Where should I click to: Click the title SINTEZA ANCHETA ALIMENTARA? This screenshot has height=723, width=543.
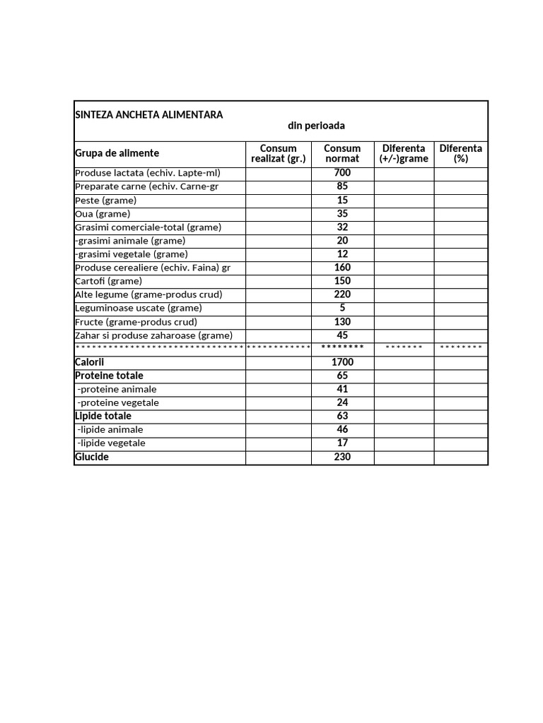148,114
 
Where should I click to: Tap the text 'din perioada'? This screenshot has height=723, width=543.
316,126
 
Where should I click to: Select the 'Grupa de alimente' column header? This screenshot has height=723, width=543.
117,153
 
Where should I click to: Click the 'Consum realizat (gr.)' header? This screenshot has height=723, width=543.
278,153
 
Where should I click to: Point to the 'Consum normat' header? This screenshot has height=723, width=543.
342,153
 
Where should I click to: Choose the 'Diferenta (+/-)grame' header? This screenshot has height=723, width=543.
404,153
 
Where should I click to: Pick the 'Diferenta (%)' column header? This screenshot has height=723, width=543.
461,153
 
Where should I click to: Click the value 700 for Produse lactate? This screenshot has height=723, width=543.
342,173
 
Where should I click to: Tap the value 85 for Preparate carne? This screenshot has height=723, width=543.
342,186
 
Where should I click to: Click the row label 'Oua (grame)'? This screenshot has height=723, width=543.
103,214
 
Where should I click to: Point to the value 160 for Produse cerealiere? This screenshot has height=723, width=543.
342,268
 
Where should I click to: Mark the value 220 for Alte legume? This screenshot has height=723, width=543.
342,294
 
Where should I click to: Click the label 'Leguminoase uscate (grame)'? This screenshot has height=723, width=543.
139,308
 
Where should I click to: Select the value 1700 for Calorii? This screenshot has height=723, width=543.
342,362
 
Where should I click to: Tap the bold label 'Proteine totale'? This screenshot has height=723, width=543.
109,376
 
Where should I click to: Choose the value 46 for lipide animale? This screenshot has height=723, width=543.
342,429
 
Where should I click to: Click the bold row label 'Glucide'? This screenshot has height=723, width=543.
92,457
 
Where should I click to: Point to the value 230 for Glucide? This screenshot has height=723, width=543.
342,457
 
